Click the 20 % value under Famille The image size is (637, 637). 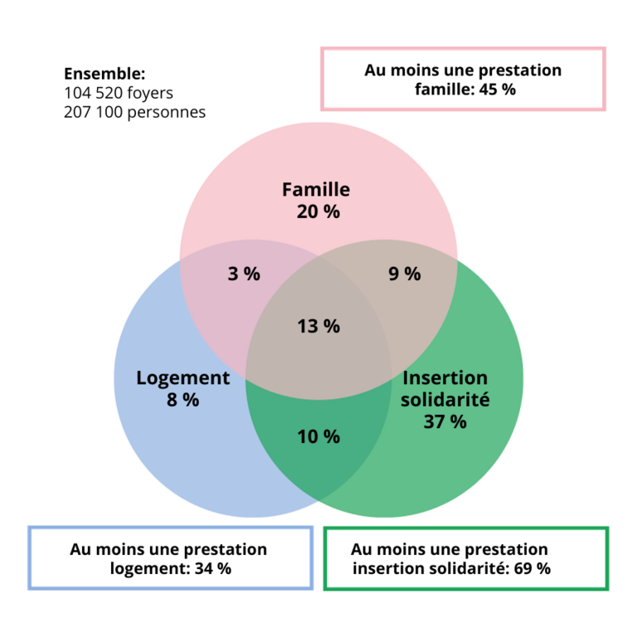[318, 212]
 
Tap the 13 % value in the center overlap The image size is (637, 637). [318, 326]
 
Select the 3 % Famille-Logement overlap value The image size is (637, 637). [244, 274]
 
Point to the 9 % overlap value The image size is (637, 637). [404, 274]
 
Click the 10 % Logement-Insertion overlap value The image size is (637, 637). [318, 436]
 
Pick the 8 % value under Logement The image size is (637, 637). [182, 400]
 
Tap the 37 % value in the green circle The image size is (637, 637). [445, 421]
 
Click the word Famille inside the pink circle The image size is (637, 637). [316, 189]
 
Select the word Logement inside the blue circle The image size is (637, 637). [182, 378]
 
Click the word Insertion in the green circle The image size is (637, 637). [445, 378]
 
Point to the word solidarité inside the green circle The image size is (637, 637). [445, 400]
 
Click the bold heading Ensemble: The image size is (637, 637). [105, 74]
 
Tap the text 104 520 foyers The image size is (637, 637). [119, 92]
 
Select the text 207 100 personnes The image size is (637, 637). [134, 111]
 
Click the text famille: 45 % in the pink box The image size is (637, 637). [464, 90]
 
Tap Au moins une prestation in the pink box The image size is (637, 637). [463, 71]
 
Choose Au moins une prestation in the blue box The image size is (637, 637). [169, 549]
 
